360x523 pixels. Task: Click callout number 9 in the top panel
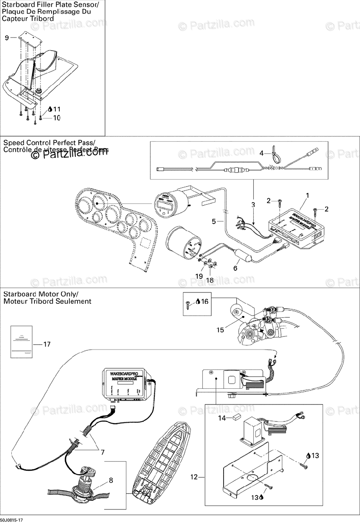pos(7,38)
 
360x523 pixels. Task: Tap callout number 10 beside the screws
pos(57,118)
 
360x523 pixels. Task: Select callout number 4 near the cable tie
pos(262,153)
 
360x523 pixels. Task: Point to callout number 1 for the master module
pos(307,196)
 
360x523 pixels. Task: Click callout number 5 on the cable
pos(214,221)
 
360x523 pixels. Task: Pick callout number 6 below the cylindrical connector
pos(235,268)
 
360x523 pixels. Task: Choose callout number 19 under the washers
pos(199,276)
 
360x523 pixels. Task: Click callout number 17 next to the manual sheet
pos(47,344)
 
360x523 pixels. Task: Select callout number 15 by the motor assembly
pos(221,330)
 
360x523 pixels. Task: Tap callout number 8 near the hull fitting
pos(111,481)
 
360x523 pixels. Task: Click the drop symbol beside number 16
pos(198,301)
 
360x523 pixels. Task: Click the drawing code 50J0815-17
pos(12,520)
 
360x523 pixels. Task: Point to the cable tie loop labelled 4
pos(275,153)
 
